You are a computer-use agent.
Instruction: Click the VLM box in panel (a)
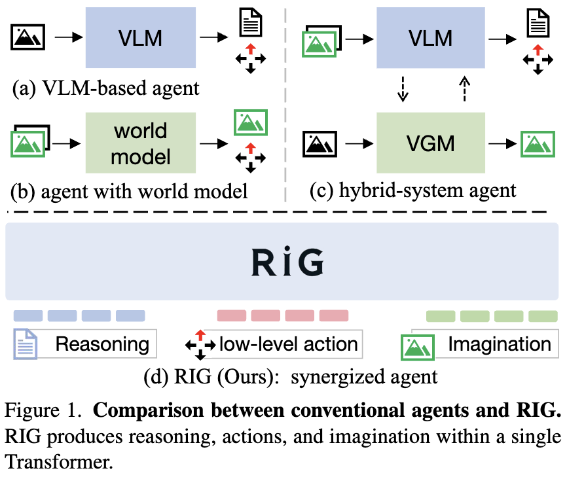pos(141,37)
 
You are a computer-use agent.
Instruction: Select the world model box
pos(141,143)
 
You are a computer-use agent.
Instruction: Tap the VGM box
pos(431,143)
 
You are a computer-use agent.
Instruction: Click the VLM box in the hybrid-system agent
pos(431,37)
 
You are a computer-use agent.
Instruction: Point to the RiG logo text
pos(287,262)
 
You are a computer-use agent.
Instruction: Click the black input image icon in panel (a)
pos(28,37)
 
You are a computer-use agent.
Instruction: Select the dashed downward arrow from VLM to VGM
pos(403,89)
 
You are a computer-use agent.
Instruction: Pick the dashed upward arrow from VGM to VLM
pos(464,89)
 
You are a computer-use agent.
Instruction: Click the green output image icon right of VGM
pos(538,144)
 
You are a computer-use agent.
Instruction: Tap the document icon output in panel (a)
pos(251,23)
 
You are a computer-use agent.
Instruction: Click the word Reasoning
pos(102,344)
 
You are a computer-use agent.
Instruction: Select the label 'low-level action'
pos(289,344)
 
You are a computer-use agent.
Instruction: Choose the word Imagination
pos(500,344)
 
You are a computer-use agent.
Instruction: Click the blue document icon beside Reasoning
pos(26,344)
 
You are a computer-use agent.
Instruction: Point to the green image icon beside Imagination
pos(418,347)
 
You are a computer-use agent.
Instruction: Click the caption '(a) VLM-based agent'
pos(105,88)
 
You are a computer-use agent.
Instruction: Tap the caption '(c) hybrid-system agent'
pos(413,190)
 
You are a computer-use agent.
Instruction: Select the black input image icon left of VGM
pos(320,144)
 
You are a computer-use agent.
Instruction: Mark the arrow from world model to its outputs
pos(214,144)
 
